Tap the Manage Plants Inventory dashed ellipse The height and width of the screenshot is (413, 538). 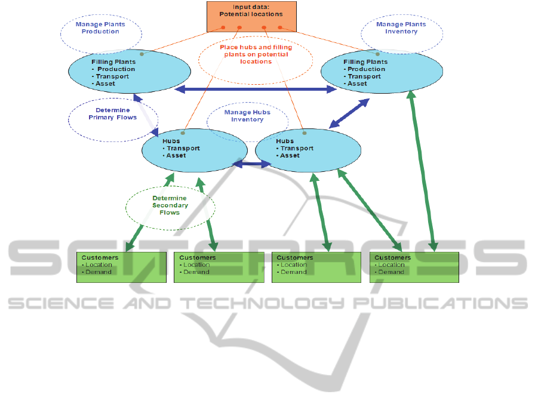[401, 28]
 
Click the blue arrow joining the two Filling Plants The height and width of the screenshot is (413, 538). [256, 90]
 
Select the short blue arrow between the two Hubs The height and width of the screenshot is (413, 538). [251, 164]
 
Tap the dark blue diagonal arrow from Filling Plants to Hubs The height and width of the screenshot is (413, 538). [349, 113]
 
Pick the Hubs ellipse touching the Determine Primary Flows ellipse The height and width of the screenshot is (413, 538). [195, 149]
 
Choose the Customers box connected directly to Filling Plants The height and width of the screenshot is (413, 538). [414, 267]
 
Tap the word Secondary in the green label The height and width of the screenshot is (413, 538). [170, 205]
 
